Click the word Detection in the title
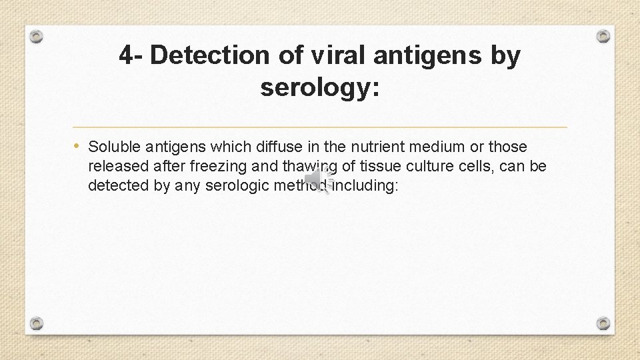pyautogui.click(x=209, y=56)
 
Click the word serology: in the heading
pyautogui.click(x=320, y=87)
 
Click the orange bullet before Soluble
pyautogui.click(x=78, y=145)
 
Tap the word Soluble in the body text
pyautogui.click(x=111, y=147)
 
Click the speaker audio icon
pyautogui.click(x=318, y=179)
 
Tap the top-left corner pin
pyautogui.click(x=37, y=36)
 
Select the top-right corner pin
pyautogui.click(x=603, y=36)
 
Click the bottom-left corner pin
pyautogui.click(x=37, y=323)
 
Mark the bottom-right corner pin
pyautogui.click(x=603, y=323)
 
